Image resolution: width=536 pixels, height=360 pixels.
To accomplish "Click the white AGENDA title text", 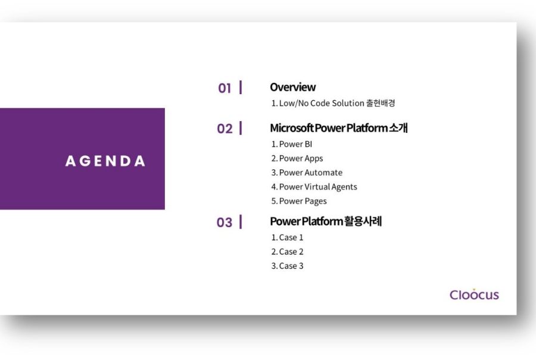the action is (105, 161).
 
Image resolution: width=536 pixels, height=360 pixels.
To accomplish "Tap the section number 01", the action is (225, 88).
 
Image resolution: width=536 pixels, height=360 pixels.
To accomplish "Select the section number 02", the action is (225, 129).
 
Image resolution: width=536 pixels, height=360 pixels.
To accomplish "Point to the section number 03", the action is (225, 222).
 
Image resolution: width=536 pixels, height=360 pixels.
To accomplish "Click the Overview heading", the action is (293, 87).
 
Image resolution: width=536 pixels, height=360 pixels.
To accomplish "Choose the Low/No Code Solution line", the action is (333, 103).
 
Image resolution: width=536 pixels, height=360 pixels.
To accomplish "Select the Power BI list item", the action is (292, 144).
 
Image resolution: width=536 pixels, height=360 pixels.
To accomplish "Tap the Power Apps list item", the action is (297, 159).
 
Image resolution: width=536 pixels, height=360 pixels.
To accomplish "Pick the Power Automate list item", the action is (307, 172).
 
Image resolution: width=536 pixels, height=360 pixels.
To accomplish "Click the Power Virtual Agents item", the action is (314, 187).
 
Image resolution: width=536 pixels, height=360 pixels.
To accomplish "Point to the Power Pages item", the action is (299, 201).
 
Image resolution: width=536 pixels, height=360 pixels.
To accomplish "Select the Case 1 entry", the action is (287, 237).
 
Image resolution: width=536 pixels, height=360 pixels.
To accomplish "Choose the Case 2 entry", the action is (287, 252).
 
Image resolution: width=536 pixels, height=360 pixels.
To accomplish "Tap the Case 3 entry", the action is (287, 266).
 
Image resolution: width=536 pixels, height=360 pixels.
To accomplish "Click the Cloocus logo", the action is (474, 294).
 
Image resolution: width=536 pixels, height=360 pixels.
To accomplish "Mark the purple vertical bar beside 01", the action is (241, 87).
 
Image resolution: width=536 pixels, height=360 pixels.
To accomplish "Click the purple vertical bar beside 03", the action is (241, 222).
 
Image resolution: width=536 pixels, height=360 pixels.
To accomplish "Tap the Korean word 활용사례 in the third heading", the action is (363, 221).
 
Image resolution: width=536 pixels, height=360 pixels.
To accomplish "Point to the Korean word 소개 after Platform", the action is (398, 128).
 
